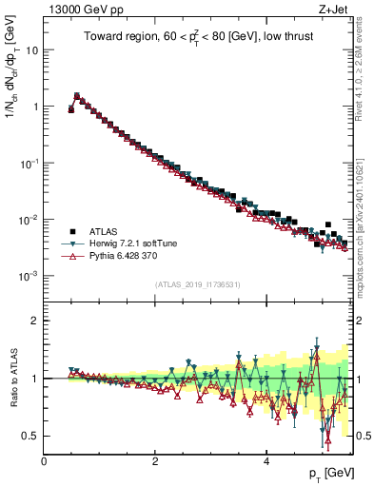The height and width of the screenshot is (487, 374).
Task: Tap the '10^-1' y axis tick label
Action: (30, 163)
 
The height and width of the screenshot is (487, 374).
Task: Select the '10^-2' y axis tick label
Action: (30, 220)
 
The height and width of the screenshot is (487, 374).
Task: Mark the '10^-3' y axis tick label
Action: (30, 276)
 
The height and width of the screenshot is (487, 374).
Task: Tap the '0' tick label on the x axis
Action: (45, 462)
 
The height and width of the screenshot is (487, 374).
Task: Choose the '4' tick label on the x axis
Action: (266, 462)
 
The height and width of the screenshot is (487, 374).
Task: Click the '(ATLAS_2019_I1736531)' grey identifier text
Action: (198, 284)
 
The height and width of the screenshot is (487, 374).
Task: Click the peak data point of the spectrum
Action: (77, 95)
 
